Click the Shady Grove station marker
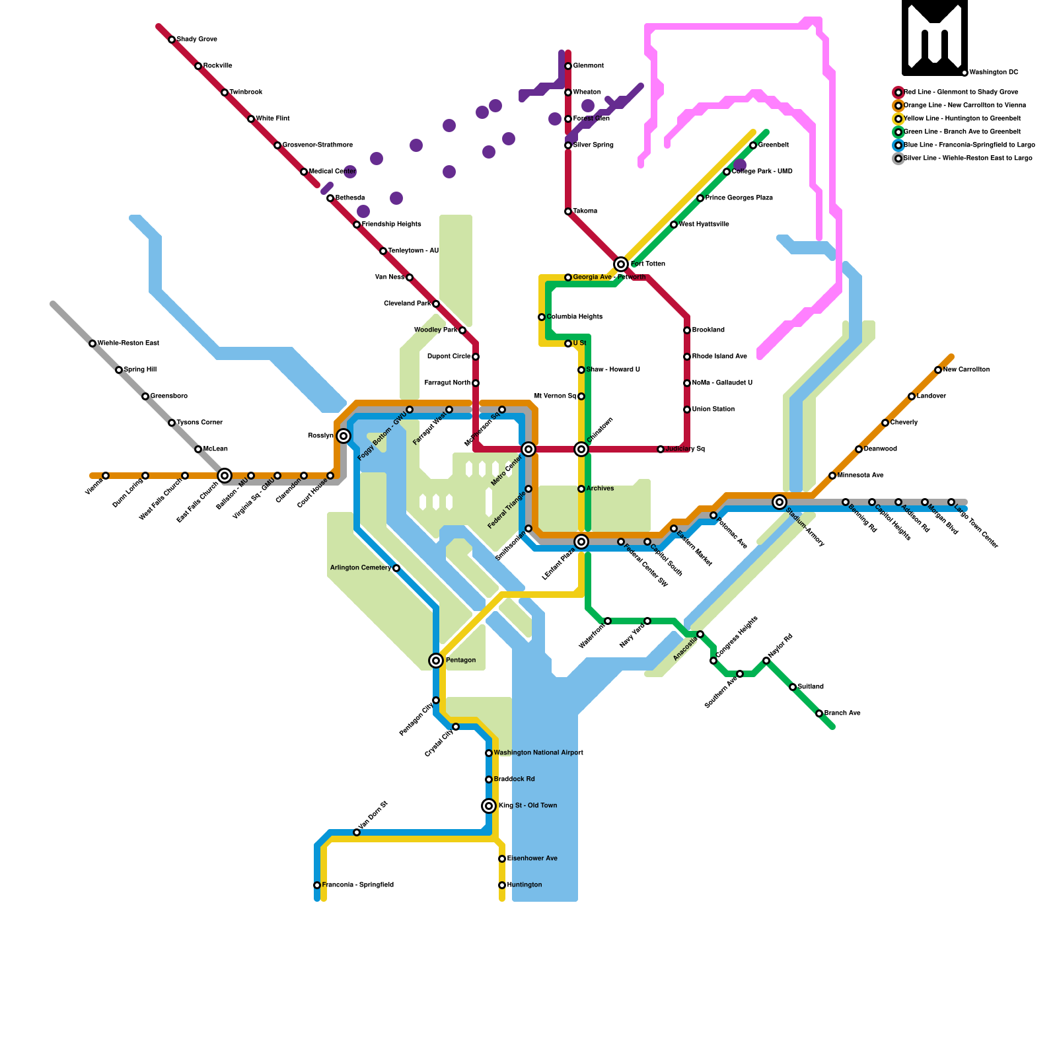click(x=172, y=40)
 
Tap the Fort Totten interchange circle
click(x=621, y=264)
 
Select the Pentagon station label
click(x=460, y=661)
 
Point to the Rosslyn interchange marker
click(x=344, y=436)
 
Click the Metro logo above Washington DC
click(x=934, y=38)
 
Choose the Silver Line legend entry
click(x=967, y=159)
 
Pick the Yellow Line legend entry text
click(x=962, y=119)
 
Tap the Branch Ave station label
click(x=842, y=713)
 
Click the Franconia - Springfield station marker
click(x=317, y=885)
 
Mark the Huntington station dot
click(x=502, y=885)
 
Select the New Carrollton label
click(x=966, y=370)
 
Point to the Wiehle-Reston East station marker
click(x=92, y=344)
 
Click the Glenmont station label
click(x=588, y=66)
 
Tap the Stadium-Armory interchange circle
click(x=780, y=502)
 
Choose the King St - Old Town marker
click(x=489, y=806)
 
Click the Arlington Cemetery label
click(x=360, y=568)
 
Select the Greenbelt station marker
click(x=753, y=145)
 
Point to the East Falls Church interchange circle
click(x=225, y=476)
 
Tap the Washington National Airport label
click(x=538, y=753)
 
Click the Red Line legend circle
click(x=898, y=92)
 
